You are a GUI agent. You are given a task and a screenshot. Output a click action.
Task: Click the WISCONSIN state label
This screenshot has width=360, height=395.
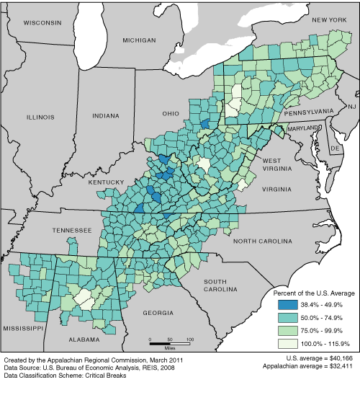[42, 23]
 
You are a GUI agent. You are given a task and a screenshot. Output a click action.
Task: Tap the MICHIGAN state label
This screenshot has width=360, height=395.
[139, 40]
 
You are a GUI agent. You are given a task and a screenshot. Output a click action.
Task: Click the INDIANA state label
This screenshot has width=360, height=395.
[107, 115]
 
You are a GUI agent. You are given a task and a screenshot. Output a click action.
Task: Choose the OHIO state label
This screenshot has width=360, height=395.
[170, 113]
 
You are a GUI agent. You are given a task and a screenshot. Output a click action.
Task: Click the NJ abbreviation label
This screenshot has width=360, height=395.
[352, 107]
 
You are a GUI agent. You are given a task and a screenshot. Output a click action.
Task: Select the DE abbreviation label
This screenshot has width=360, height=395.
[334, 148]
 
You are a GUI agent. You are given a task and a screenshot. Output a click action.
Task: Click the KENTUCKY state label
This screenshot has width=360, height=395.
[107, 183]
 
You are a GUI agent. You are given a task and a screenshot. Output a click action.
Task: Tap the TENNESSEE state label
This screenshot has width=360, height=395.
[71, 230]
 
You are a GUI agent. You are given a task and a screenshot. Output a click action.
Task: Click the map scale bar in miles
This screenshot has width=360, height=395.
[170, 338]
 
